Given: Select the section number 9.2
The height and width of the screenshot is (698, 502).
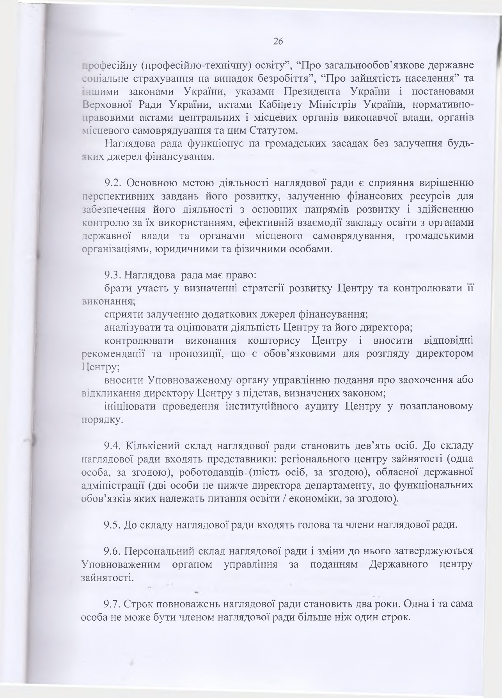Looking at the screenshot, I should pos(113,183).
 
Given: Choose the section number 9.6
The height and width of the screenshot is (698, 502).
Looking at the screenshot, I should pos(113,551).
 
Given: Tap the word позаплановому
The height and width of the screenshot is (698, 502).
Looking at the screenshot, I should pos(436,407).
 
